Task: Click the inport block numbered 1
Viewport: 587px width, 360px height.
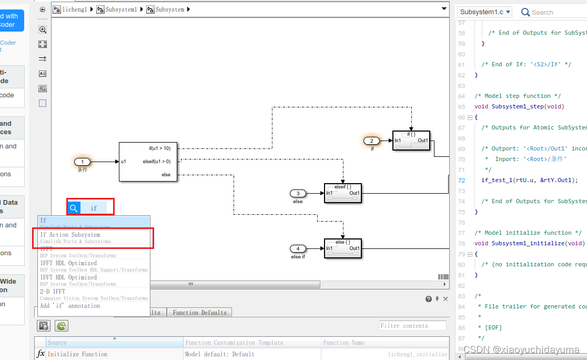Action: tap(83, 162)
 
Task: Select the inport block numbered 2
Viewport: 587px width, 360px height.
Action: tap(372, 141)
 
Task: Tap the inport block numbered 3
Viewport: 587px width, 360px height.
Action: tap(298, 194)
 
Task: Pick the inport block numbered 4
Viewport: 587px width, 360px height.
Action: tap(298, 248)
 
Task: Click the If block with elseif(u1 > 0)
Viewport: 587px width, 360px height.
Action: tap(148, 162)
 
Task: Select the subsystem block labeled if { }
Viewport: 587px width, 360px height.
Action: tap(411, 141)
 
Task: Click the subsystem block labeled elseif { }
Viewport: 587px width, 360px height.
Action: tap(343, 193)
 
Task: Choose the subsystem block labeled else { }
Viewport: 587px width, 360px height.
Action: tap(343, 248)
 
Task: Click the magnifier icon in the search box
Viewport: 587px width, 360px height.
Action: tap(74, 208)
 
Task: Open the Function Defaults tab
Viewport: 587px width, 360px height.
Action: tap(200, 313)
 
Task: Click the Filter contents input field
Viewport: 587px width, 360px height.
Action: tap(412, 326)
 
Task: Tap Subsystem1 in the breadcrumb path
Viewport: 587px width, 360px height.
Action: tap(121, 9)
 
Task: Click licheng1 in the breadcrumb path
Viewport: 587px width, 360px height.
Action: tap(74, 9)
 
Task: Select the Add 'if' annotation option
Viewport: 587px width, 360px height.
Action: tap(70, 306)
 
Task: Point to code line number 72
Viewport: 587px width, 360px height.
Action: tap(462, 180)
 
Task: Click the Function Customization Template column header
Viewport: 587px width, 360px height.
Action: tap(234, 343)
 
